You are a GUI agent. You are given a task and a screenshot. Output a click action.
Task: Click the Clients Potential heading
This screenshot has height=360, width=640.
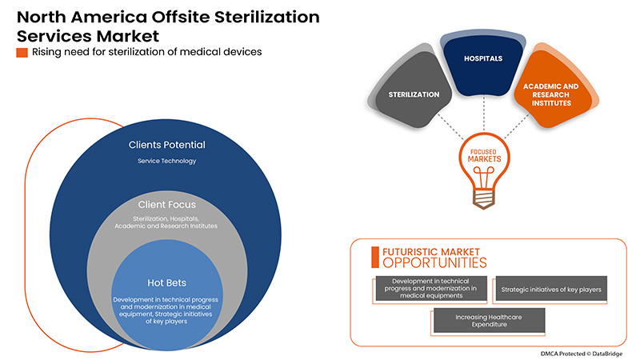[166, 145]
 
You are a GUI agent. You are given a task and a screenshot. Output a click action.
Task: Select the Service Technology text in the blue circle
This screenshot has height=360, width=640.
[166, 161]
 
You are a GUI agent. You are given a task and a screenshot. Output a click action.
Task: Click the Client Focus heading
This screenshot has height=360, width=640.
[166, 204]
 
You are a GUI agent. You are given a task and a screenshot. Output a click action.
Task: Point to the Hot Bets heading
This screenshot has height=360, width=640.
[166, 282]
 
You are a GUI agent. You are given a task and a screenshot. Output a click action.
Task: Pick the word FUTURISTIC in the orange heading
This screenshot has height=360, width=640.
[412, 250]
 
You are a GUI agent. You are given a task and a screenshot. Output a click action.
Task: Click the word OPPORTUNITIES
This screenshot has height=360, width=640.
[434, 262]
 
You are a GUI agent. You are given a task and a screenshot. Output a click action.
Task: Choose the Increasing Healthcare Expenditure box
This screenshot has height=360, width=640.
[488, 321]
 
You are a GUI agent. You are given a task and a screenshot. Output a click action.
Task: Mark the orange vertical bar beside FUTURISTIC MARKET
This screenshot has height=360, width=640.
[374, 256]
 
